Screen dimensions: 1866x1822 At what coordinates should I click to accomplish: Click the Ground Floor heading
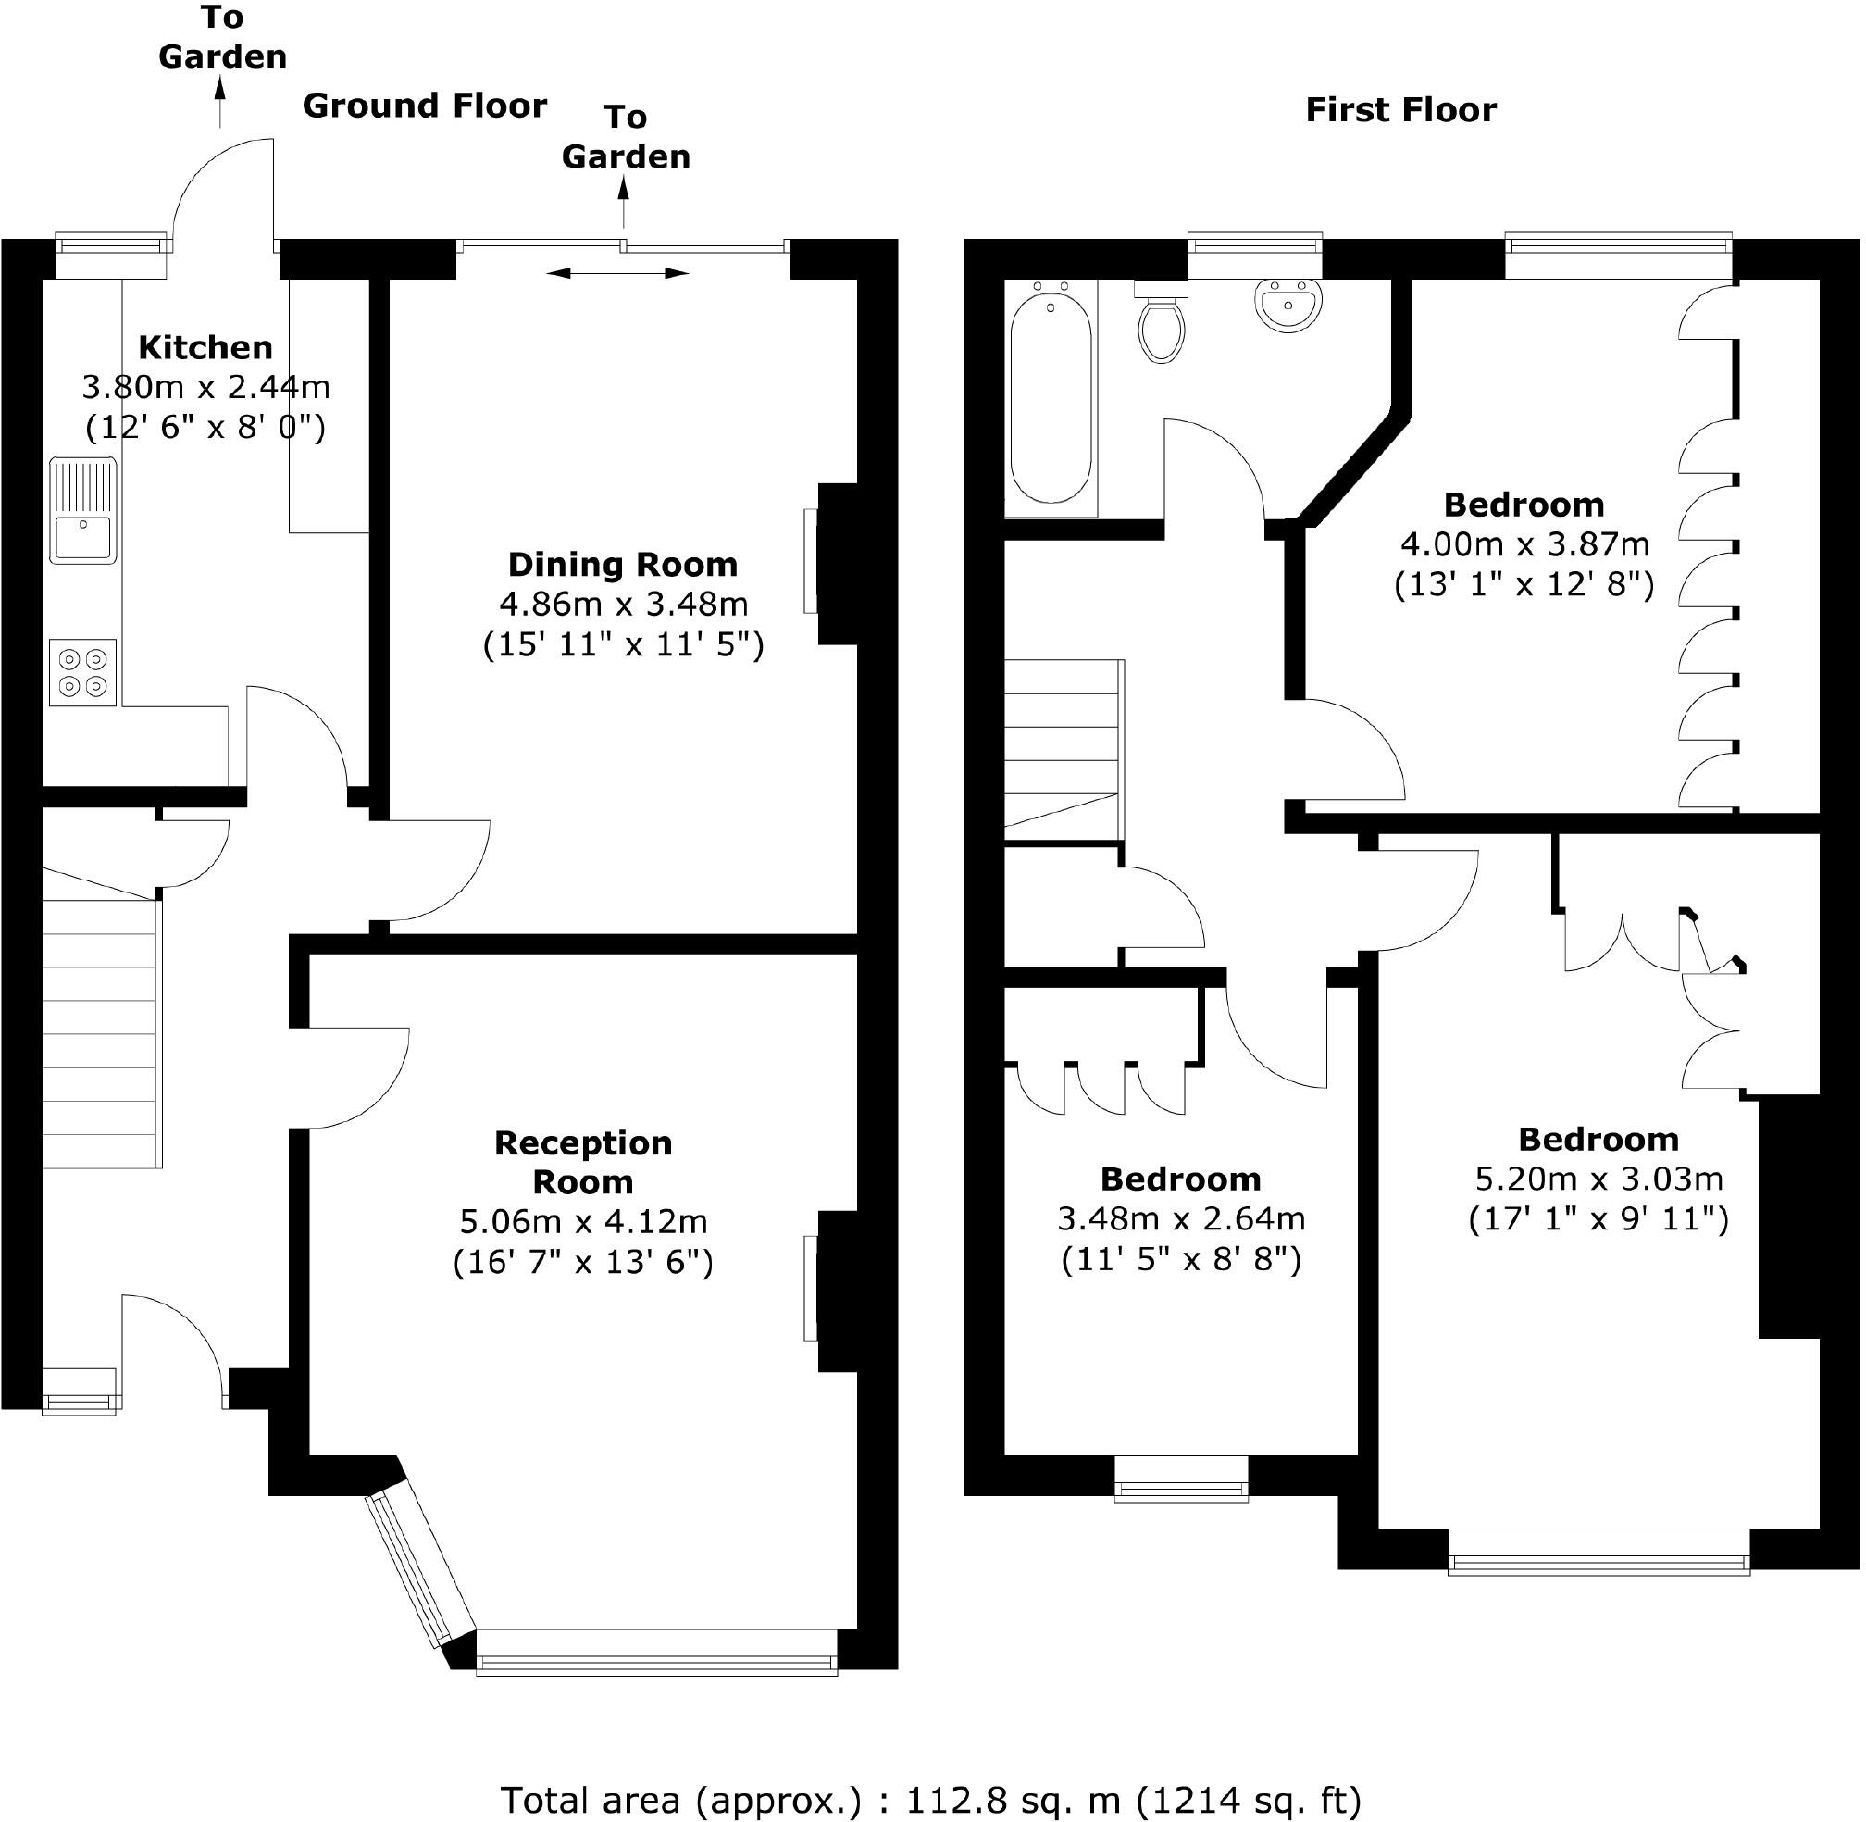click(x=424, y=106)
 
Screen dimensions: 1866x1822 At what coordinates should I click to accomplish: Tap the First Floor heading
click(x=1400, y=110)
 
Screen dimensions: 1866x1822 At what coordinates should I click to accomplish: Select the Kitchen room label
click(x=205, y=346)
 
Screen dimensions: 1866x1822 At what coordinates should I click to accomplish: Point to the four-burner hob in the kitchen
click(x=83, y=673)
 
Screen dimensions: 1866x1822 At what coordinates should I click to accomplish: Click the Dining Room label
click(x=622, y=565)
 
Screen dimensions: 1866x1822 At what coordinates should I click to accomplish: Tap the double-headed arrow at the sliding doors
click(x=617, y=274)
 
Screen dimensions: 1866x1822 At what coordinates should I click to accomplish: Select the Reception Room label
click(x=583, y=1162)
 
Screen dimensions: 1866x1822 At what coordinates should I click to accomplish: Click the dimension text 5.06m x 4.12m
click(x=583, y=1222)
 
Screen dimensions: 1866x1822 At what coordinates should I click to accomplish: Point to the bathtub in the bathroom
click(x=1051, y=396)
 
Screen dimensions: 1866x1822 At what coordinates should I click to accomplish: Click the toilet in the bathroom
click(x=1162, y=325)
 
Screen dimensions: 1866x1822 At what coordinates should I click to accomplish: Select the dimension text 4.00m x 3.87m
click(x=1524, y=544)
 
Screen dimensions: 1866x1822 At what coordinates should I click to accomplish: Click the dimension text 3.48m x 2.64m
click(x=1181, y=1219)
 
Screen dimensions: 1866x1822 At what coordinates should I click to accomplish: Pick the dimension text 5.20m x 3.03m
click(x=1599, y=1179)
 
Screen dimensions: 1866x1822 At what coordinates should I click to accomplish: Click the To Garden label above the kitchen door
click(x=222, y=38)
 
